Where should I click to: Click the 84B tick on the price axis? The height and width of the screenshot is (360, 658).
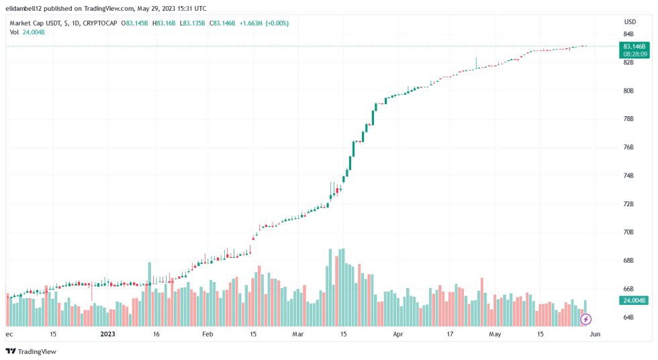628,34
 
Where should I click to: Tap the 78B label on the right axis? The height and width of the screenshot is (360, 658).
628,119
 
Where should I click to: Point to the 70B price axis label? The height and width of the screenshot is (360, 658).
628,232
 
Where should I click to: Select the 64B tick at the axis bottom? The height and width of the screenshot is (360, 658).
628,317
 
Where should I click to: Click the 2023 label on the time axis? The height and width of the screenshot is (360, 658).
108,333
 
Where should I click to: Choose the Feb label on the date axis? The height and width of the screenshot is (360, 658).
207,333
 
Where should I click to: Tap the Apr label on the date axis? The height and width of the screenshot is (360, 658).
398,333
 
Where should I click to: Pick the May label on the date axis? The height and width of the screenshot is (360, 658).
495,333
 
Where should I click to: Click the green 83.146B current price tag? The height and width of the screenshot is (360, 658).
634,46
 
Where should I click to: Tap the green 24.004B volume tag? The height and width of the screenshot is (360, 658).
634,300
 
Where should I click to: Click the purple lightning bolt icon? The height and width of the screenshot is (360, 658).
585,319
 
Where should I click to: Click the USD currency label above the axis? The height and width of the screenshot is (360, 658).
630,21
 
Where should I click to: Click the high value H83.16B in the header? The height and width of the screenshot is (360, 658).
165,23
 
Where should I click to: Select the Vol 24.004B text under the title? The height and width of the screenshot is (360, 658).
28,32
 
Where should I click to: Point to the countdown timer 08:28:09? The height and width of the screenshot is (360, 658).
634,54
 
